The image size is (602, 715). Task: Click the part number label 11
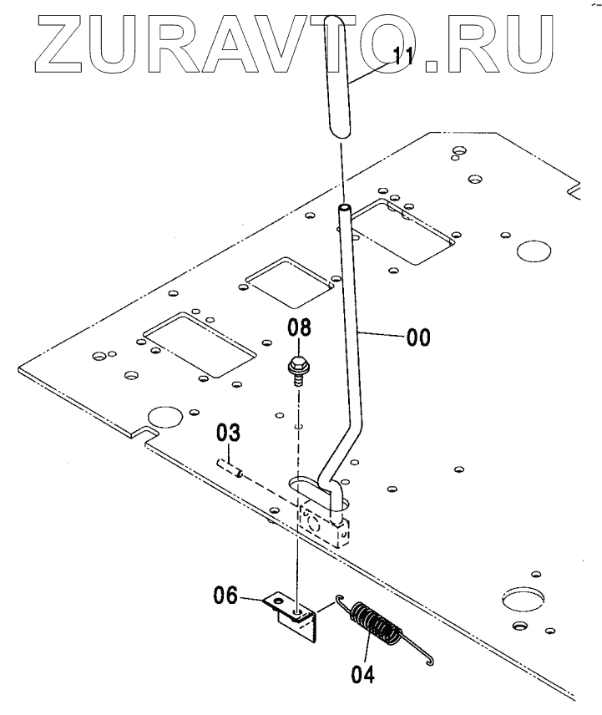(x=404, y=58)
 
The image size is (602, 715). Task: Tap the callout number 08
(x=301, y=327)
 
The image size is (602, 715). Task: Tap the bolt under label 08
(x=296, y=367)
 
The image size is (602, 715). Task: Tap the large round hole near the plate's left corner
(x=164, y=417)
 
